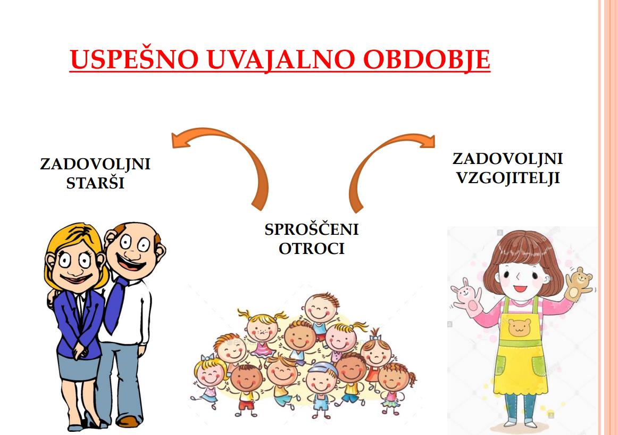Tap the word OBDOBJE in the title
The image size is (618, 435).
tap(427, 60)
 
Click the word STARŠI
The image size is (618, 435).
tap(95, 183)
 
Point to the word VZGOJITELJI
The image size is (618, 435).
tap(508, 178)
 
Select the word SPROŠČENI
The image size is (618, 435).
tap(311, 229)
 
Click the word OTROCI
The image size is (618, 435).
tap(311, 249)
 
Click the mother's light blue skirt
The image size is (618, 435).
tap(78, 367)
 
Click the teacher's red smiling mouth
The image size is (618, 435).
tap(520, 288)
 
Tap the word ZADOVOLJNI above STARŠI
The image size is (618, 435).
tap(95, 164)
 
